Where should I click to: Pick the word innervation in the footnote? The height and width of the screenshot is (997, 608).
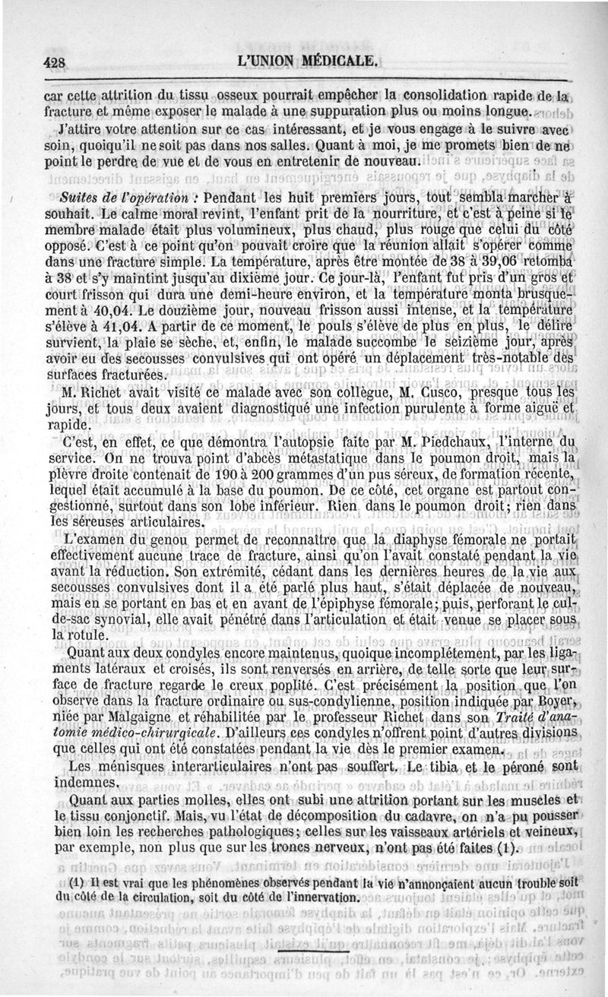pyautogui.click(x=312, y=897)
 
